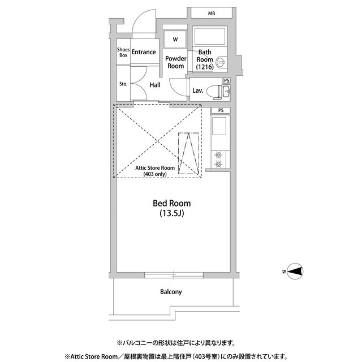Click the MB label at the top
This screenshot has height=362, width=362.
(x=212, y=13)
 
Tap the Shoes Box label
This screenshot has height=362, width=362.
(x=123, y=53)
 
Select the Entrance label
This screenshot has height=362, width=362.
(x=144, y=53)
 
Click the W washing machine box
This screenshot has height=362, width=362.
(x=175, y=40)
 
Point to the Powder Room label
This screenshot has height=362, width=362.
(x=176, y=62)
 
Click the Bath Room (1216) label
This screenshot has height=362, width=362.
(x=204, y=60)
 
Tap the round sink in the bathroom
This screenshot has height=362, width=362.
(x=221, y=62)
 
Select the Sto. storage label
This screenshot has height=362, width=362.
(x=123, y=84)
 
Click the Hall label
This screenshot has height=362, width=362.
(x=154, y=85)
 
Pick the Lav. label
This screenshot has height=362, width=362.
(x=198, y=90)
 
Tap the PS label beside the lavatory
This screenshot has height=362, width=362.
(x=227, y=81)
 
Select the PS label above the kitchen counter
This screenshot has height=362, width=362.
(x=221, y=111)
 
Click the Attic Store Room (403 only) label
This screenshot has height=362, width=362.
(x=154, y=171)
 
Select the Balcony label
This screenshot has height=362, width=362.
(x=171, y=292)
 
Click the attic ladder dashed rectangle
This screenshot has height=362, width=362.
(x=189, y=153)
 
